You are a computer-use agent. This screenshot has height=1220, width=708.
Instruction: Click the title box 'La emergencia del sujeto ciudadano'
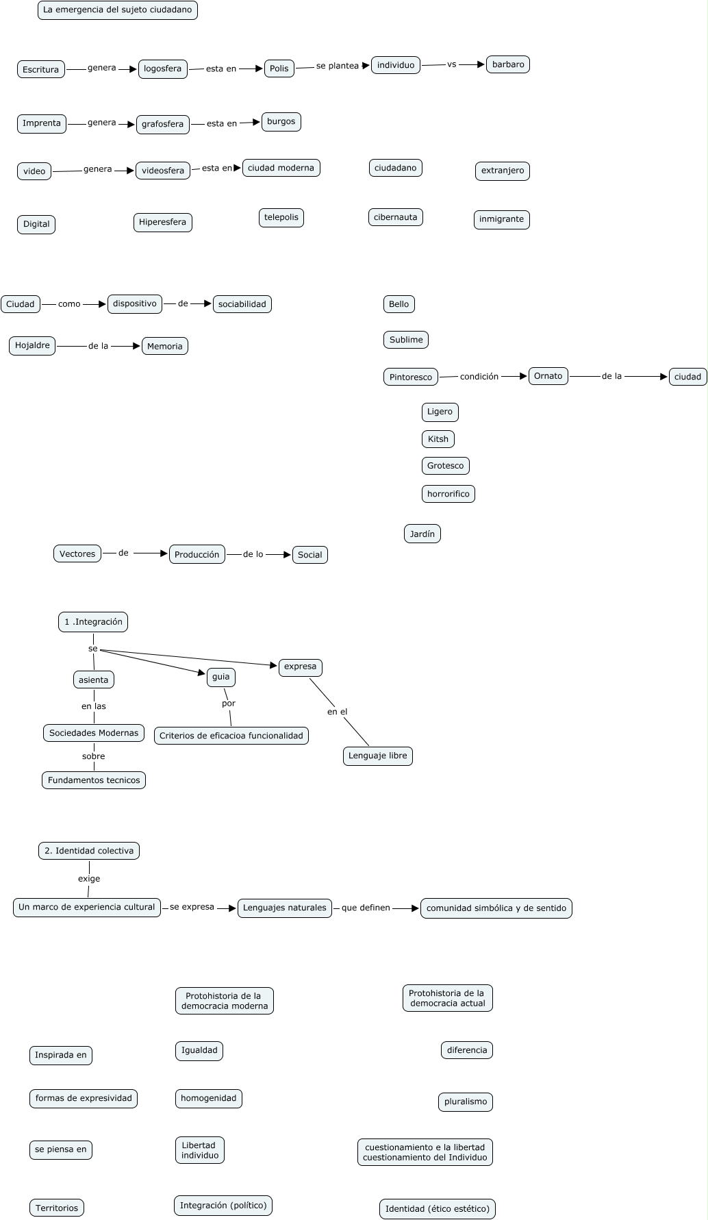pyautogui.click(x=117, y=10)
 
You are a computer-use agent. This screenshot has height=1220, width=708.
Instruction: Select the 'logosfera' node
pyautogui.click(x=162, y=69)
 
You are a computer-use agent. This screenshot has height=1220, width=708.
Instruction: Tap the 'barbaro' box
pyautogui.click(x=508, y=64)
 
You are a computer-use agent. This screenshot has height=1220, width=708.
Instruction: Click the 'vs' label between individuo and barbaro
pyautogui.click(x=451, y=64)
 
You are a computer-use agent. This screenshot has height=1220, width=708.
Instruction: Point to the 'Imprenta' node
pyautogui.click(x=42, y=123)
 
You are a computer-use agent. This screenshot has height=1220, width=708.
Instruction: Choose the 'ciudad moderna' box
pyautogui.click(x=281, y=168)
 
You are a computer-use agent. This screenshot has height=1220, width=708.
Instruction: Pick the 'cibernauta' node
pyautogui.click(x=395, y=217)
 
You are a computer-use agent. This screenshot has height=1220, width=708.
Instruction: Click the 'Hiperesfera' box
pyautogui.click(x=162, y=222)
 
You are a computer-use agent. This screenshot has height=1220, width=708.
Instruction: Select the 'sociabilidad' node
pyautogui.click(x=242, y=304)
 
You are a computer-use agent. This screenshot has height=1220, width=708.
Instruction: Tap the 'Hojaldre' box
pyautogui.click(x=32, y=345)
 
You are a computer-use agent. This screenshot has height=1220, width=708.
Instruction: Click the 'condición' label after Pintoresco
pyautogui.click(x=479, y=376)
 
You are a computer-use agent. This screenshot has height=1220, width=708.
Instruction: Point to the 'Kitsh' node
pyautogui.click(x=438, y=439)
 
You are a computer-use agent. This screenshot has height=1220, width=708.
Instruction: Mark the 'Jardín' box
pyautogui.click(x=422, y=534)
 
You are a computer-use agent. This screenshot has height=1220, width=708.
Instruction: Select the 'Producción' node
pyautogui.click(x=197, y=555)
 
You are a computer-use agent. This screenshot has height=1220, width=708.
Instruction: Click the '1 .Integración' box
pyautogui.click(x=93, y=622)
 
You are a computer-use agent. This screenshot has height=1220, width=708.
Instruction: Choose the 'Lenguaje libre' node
pyautogui.click(x=377, y=756)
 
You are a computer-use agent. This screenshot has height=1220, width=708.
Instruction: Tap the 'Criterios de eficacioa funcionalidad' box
pyautogui.click(x=231, y=736)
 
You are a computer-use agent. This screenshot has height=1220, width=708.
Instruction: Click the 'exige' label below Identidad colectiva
pyautogui.click(x=89, y=879)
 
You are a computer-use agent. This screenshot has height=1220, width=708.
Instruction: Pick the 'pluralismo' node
pyautogui.click(x=466, y=1101)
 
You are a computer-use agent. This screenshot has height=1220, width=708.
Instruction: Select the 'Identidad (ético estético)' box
pyautogui.click(x=438, y=1209)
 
